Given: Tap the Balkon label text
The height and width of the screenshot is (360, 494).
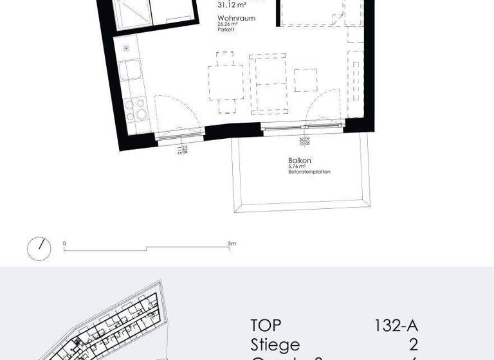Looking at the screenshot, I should tap(300, 161).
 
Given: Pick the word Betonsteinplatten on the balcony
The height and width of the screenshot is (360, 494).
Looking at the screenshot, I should tap(309, 172).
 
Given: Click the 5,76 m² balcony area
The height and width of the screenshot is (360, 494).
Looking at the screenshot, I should tap(297, 167).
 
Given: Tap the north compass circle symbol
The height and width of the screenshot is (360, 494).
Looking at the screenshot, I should tap(39, 248).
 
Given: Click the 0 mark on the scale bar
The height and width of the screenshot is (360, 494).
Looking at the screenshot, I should tap(64, 244).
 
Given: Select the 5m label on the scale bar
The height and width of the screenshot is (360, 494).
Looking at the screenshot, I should tap(232, 244).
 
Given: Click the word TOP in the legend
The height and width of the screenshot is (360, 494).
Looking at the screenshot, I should tap(266, 326).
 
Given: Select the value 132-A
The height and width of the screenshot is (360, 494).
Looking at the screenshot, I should tap(396, 326).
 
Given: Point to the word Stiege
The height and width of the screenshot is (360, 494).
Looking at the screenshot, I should tap(275, 345).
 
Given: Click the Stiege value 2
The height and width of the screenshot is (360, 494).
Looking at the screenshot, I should tap(413, 345).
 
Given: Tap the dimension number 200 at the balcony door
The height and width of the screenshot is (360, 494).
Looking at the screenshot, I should tap(301, 143).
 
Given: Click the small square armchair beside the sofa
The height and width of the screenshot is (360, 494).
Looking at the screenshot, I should tap(306, 79).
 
